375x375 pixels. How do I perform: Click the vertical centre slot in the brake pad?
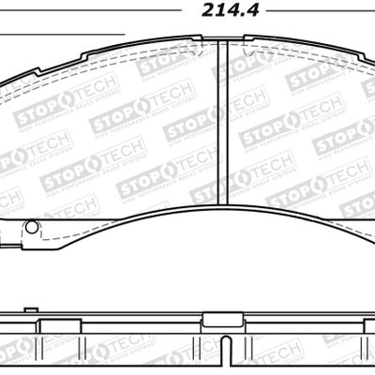pos(217,122)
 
